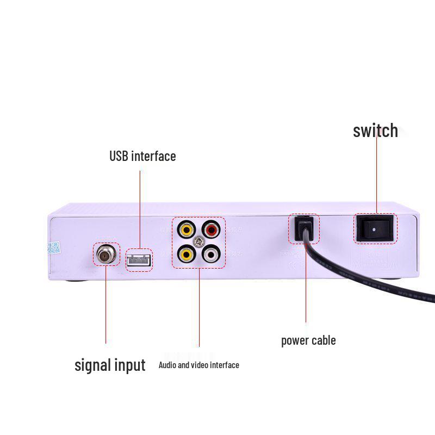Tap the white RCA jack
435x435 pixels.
click(x=211, y=253)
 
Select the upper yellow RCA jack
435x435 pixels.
click(x=187, y=229)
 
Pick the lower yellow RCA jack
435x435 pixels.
click(x=187, y=253)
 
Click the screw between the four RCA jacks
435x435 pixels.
click(x=199, y=241)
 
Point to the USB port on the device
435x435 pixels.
click(x=139, y=260)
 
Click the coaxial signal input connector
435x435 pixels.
click(x=106, y=254)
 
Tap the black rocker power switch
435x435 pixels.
click(x=376, y=228)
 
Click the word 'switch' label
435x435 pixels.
click(x=375, y=131)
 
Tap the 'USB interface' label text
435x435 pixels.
click(x=142, y=157)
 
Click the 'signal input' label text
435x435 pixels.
click(x=110, y=365)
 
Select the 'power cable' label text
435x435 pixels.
click(x=308, y=341)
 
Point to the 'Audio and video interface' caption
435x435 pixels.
click(x=198, y=365)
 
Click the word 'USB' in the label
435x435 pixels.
click(x=119, y=157)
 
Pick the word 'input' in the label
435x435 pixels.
click(x=130, y=365)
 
